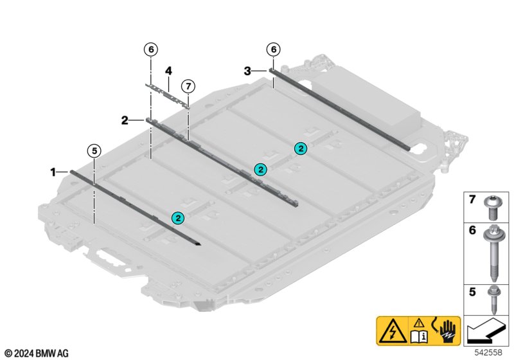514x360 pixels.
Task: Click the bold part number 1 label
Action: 53,172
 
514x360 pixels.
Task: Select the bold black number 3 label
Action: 247,71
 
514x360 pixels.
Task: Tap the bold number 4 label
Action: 168,71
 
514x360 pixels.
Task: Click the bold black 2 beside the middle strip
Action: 125,121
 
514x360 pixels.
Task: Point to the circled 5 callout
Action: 94,151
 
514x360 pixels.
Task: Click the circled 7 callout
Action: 188,87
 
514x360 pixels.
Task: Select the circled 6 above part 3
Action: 274,50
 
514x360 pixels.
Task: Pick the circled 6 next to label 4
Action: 151,50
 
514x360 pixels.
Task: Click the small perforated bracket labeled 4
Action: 168,95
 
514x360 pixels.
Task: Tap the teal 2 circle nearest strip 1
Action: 178,218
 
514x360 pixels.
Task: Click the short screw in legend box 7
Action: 491,208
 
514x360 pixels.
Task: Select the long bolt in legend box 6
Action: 492,253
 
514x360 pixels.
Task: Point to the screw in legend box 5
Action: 493,300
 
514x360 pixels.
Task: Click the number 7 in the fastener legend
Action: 472,199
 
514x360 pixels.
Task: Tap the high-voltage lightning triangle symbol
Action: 392,331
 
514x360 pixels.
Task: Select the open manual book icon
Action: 419,337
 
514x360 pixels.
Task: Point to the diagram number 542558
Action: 488,352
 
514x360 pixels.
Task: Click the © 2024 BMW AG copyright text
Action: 37,354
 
